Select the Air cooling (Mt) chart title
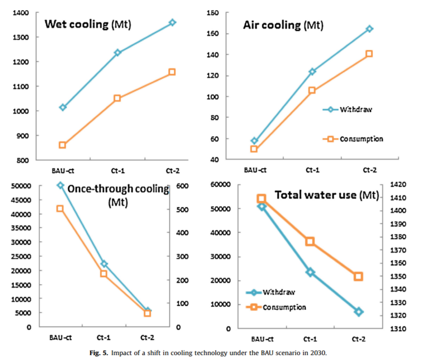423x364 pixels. coord(283,25)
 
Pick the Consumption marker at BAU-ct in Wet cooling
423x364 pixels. coord(62,145)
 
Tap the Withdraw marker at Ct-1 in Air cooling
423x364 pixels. coord(312,71)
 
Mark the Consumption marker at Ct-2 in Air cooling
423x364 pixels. coord(369,54)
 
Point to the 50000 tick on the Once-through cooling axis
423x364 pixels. coord(21,185)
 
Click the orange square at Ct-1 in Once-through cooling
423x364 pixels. coord(104,274)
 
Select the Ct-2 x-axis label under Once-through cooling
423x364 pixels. coord(148,338)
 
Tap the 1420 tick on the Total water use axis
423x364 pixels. coord(398,184)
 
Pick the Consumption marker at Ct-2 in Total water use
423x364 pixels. coord(358,276)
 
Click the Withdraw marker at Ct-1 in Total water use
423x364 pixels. coord(310,272)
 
